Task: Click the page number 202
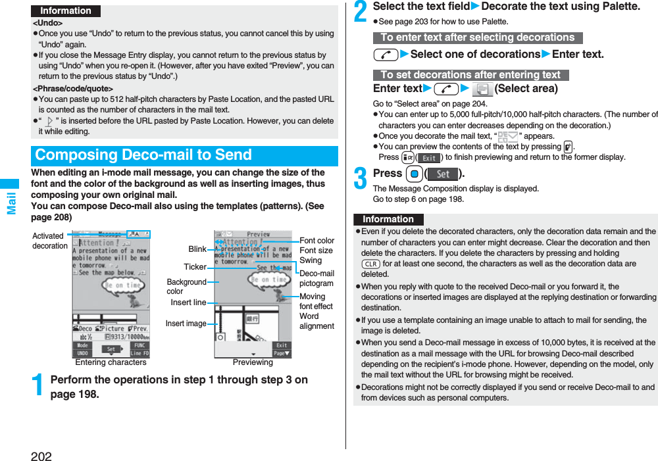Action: coord(41,455)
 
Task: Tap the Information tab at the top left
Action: coord(66,11)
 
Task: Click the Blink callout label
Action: coord(197,249)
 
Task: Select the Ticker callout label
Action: coord(195,267)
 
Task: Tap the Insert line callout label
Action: coord(188,303)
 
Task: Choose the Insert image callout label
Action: coord(186,324)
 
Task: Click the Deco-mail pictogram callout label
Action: coord(316,278)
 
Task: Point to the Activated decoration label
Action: coord(49,241)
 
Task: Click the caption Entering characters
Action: coord(111,362)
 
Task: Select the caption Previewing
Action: coord(253,362)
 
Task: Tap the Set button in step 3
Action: coord(443,174)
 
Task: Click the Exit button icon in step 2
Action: coord(429,158)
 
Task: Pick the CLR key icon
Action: coord(370,264)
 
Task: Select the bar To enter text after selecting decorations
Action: coord(478,37)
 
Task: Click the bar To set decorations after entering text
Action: coord(470,75)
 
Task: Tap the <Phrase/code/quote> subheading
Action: coord(73,88)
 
